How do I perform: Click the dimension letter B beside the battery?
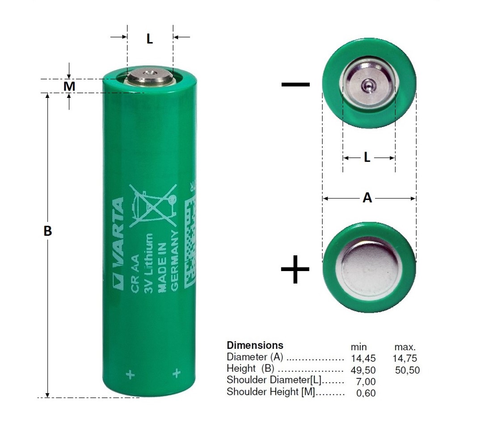click(x=47, y=231)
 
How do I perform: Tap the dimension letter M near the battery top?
click(x=69, y=86)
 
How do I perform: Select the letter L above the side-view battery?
click(x=150, y=39)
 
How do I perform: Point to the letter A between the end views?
click(x=367, y=198)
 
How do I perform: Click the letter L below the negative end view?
click(x=367, y=157)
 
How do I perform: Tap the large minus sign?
click(x=295, y=85)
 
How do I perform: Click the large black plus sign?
click(x=295, y=269)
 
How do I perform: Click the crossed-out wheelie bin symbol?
click(x=153, y=206)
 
